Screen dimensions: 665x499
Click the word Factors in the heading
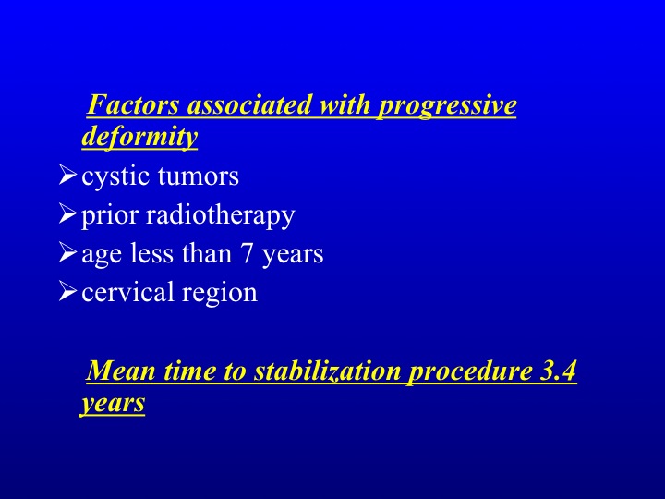coord(133,104)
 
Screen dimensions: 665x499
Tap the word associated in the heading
coord(249,104)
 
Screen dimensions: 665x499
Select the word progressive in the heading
coord(447,106)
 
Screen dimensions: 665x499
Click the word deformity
coord(139,137)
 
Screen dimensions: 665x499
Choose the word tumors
coord(199,176)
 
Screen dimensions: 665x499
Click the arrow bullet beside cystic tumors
coord(67,176)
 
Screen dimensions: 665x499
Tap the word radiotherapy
coord(221,215)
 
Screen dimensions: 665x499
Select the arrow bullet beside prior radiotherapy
coord(67,213)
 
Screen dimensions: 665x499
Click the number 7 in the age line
coord(247,253)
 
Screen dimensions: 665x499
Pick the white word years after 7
coord(293,255)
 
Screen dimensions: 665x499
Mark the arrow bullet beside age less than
coord(67,252)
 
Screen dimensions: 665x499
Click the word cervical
coord(127,292)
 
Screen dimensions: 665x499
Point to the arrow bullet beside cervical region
coord(67,291)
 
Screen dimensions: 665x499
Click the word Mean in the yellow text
coord(121,371)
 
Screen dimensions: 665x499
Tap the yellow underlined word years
coord(113,403)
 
